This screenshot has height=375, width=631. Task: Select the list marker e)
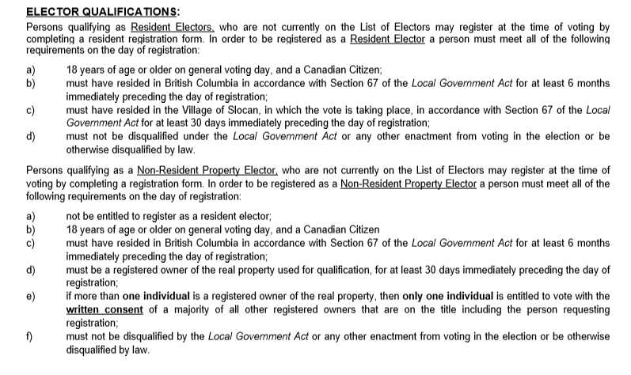[x=32, y=296]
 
